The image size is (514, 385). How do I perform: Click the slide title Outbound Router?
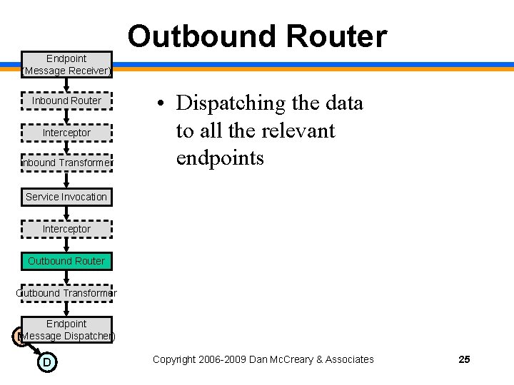(257, 36)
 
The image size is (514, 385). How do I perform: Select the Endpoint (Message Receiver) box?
(66, 64)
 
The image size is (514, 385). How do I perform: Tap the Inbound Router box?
(66, 101)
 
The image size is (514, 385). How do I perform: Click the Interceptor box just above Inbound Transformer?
(66, 133)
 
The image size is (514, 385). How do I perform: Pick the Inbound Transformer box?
(66, 163)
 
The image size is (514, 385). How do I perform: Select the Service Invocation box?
(66, 197)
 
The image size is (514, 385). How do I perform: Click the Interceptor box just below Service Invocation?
(66, 229)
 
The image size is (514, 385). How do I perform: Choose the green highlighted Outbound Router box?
(66, 261)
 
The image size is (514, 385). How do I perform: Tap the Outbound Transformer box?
(66, 293)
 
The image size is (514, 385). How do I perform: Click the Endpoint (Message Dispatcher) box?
(66, 329)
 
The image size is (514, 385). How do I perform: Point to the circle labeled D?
(46, 362)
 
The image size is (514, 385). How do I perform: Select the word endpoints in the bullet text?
(219, 158)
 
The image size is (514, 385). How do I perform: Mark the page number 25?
(464, 359)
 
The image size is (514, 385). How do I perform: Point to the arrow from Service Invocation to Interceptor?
(66, 213)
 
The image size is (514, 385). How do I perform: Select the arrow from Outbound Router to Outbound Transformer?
(66, 277)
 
